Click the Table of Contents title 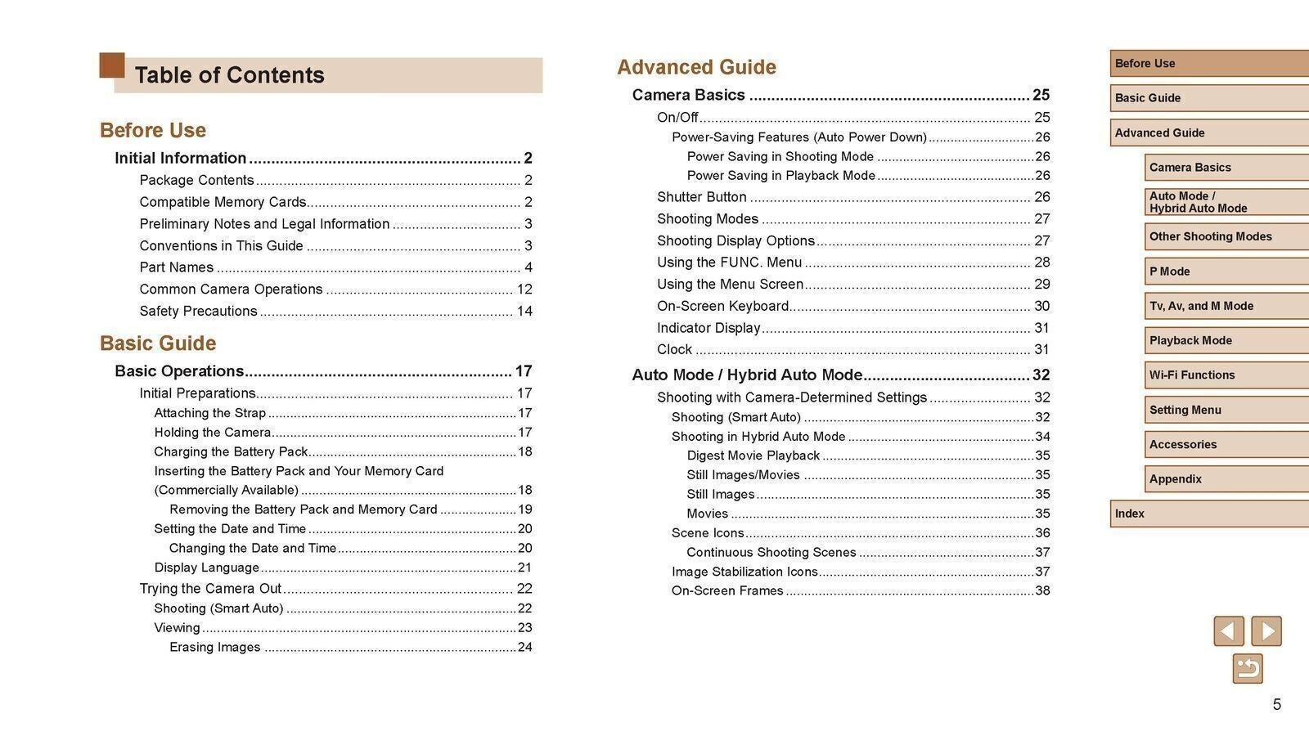tap(229, 75)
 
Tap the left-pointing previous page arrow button tap(1228, 631)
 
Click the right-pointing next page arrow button tap(1266, 631)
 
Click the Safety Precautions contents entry tap(198, 312)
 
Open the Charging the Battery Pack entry tap(231, 452)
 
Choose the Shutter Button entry tap(701, 197)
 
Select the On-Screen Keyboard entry tap(722, 307)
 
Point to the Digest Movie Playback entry tap(753, 456)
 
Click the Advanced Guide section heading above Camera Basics tap(696, 67)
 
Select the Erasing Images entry tap(214, 648)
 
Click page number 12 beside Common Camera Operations tap(524, 289)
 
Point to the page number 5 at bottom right tap(1276, 705)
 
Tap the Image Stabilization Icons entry tap(744, 572)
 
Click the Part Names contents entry tap(176, 267)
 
